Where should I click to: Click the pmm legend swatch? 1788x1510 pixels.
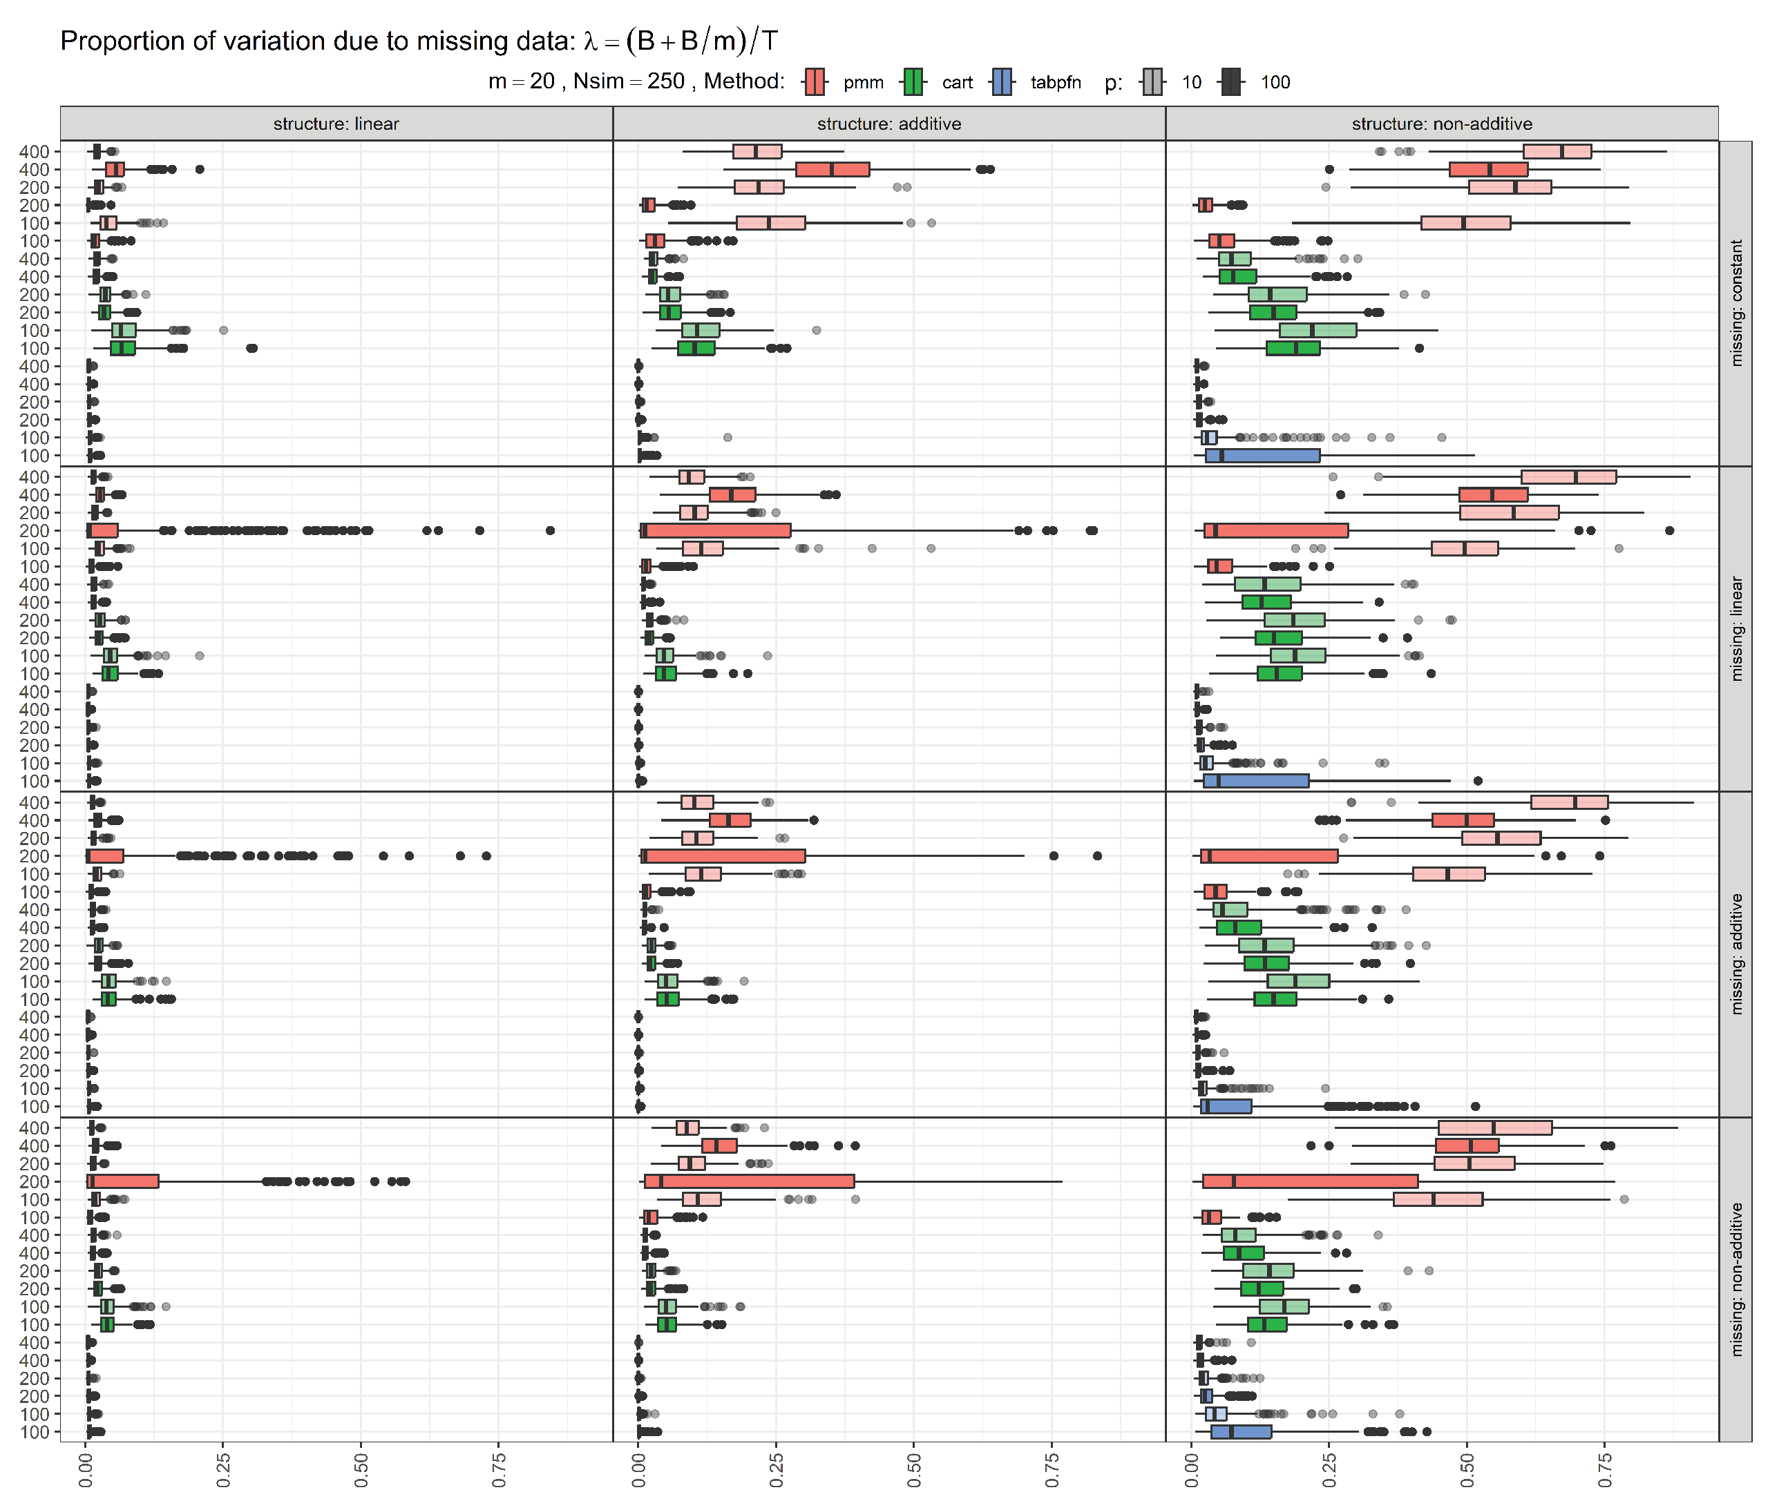(x=815, y=82)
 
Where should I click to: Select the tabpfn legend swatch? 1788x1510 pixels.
(x=1002, y=82)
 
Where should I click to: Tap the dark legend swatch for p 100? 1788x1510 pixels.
(x=1231, y=82)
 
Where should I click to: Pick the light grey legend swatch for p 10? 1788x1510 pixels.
(x=1152, y=82)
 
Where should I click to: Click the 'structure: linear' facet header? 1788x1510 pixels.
(x=336, y=124)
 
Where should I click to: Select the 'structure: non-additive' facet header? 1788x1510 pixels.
(x=1441, y=124)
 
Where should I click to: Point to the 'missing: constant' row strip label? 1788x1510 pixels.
(x=1735, y=303)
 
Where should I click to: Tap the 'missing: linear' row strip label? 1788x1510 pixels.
(x=1735, y=628)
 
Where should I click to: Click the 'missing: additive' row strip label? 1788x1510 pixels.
(x=1735, y=954)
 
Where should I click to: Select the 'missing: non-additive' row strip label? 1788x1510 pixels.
(x=1735, y=1279)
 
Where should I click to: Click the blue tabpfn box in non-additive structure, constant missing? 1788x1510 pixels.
(x=1262, y=456)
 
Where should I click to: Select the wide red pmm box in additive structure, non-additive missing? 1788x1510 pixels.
(x=750, y=1181)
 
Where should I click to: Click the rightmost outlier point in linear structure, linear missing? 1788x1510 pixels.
(x=550, y=531)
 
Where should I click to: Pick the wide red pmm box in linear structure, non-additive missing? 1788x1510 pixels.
(x=123, y=1181)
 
